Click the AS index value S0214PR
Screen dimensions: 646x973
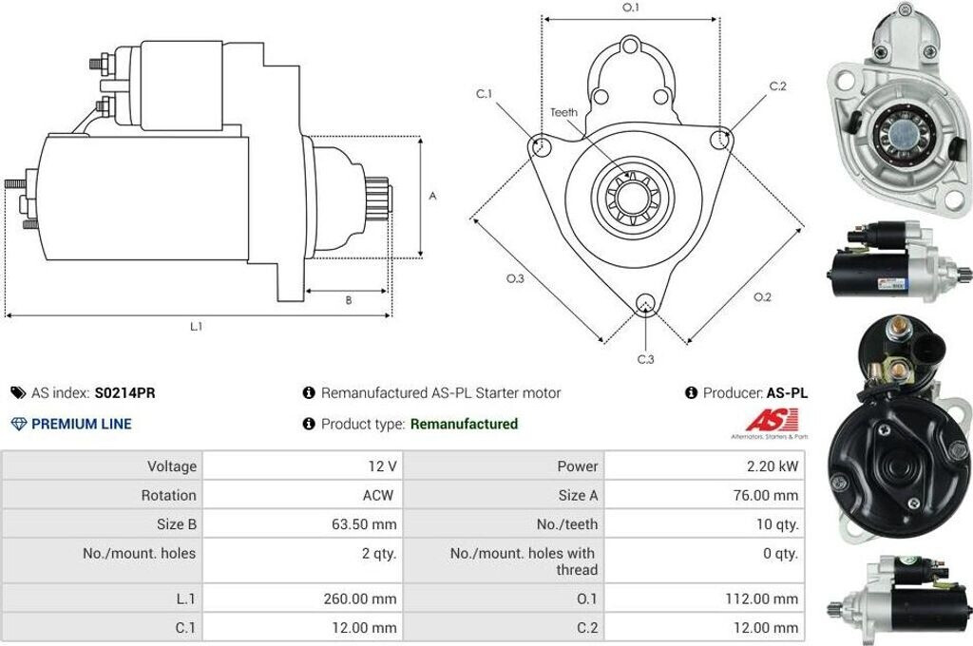[124, 392]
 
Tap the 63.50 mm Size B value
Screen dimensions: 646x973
[370, 523]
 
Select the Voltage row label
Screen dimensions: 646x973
[172, 465]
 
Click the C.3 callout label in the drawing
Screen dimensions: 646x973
[645, 359]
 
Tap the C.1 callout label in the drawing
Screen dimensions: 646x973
[485, 94]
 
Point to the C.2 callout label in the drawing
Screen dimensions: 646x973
[777, 86]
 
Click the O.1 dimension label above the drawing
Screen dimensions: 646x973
[631, 8]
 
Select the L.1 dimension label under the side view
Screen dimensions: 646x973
[196, 327]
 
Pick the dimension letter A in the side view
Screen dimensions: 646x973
[432, 197]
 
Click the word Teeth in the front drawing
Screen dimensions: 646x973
[563, 112]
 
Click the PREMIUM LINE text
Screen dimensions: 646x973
[82, 424]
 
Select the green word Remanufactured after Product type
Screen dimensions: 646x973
[464, 424]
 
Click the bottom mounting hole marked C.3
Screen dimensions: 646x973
[645, 304]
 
